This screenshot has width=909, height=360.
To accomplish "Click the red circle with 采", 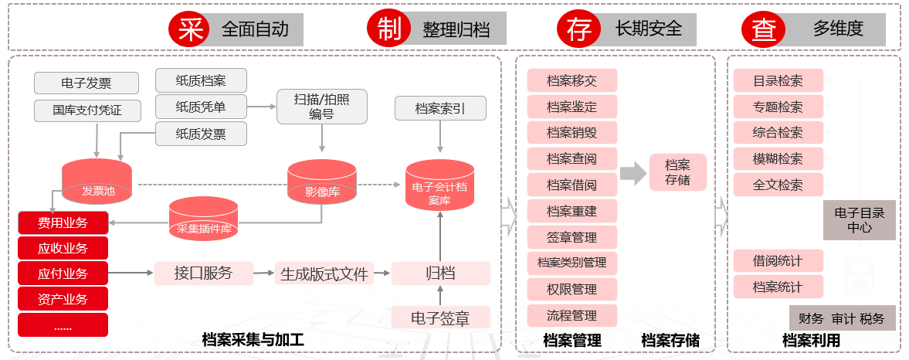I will click(188, 29).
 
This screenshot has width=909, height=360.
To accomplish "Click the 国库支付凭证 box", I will click(88, 110).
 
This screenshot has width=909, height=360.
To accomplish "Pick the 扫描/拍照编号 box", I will click(321, 107).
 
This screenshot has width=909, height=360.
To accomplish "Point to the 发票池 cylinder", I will click(97, 180).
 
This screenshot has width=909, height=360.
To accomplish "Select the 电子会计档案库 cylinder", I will click(439, 185).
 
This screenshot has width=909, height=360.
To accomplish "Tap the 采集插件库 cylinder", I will click(204, 219).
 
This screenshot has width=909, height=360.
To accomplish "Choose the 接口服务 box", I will click(203, 273).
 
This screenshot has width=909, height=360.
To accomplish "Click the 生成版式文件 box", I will click(324, 273).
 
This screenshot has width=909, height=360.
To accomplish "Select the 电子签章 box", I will click(440, 318).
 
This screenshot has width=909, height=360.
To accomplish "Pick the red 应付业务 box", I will click(63, 273).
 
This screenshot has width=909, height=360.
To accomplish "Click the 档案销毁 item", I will click(572, 132).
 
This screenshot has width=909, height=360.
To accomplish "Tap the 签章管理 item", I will click(572, 236).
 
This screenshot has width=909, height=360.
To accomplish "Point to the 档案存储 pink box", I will click(677, 172).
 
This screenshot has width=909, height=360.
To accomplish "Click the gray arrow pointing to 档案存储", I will click(633, 173).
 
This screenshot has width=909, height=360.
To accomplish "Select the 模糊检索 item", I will click(778, 158).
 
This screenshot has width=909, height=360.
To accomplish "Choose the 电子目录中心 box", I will click(860, 220).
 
